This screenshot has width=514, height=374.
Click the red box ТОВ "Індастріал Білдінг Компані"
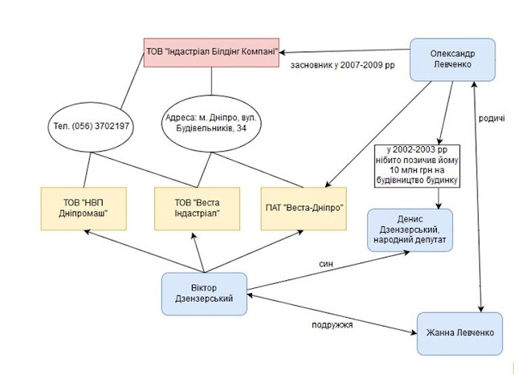[x=211, y=52]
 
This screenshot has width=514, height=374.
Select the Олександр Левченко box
[x=452, y=59]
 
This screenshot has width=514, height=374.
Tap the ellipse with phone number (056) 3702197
[x=91, y=127]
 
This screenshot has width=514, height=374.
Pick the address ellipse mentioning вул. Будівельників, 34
[x=211, y=124]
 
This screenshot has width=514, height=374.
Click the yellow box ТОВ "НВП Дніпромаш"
[x=84, y=209]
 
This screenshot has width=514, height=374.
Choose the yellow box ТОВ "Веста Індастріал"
[x=197, y=209]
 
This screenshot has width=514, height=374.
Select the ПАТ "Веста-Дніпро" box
[x=304, y=209]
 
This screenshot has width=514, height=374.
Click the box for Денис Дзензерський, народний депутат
[x=410, y=230]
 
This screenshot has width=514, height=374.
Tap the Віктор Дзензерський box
[x=204, y=294]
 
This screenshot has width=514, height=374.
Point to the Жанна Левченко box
[x=459, y=333]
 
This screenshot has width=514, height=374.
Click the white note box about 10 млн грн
[x=417, y=166]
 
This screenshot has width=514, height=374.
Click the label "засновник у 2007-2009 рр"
[x=343, y=65]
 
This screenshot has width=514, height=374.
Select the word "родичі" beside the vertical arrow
[x=492, y=118]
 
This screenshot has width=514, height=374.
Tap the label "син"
[x=326, y=263]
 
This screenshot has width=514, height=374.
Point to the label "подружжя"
[x=332, y=325]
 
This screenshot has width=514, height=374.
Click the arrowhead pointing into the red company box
[x=282, y=52]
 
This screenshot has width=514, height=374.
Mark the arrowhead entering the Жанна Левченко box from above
[x=481, y=309]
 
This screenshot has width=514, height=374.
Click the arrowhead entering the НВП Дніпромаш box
[x=88, y=232]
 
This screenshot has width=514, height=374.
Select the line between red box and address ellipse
[x=211, y=81]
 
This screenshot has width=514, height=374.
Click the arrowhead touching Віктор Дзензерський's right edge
[x=250, y=295]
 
